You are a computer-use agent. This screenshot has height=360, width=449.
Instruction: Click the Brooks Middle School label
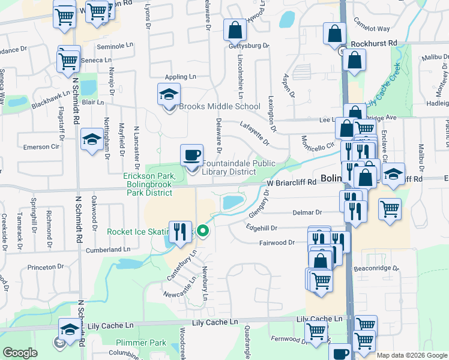pyautogui.click(x=220, y=107)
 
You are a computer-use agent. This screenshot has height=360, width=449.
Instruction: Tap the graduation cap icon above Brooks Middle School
pyautogui.click(x=169, y=94)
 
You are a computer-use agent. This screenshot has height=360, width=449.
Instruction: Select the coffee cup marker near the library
pyautogui.click(x=192, y=155)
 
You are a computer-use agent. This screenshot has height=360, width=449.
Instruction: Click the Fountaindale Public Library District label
pyautogui.click(x=238, y=167)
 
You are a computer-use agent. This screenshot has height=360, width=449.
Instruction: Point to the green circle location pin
pyautogui.click(x=203, y=230)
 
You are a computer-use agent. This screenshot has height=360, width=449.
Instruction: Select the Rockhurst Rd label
pyautogui.click(x=375, y=44)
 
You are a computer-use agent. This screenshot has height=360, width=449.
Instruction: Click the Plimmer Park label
pyautogui.click(x=141, y=343)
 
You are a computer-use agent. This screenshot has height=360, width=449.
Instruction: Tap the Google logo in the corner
pyautogui.click(x=20, y=353)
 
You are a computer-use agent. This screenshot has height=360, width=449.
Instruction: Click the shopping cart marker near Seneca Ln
pyautogui.click(x=69, y=60)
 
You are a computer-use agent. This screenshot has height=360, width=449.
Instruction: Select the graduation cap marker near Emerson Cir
pyautogui.click(x=92, y=139)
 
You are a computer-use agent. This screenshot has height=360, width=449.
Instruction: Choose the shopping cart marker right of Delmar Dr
pyautogui.click(x=390, y=209)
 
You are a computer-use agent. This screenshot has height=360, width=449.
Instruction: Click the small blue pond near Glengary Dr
pyautogui.click(x=234, y=203)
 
